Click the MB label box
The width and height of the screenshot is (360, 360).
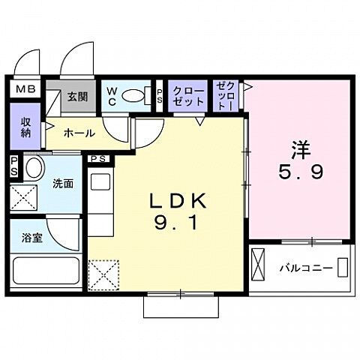coord(26,89)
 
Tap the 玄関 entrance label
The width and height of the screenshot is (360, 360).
coord(76,97)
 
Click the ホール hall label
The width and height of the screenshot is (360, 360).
coord(79,133)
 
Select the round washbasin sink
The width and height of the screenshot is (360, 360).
coord(34,167)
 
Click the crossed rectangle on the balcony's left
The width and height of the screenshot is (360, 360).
coord(259,265)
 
